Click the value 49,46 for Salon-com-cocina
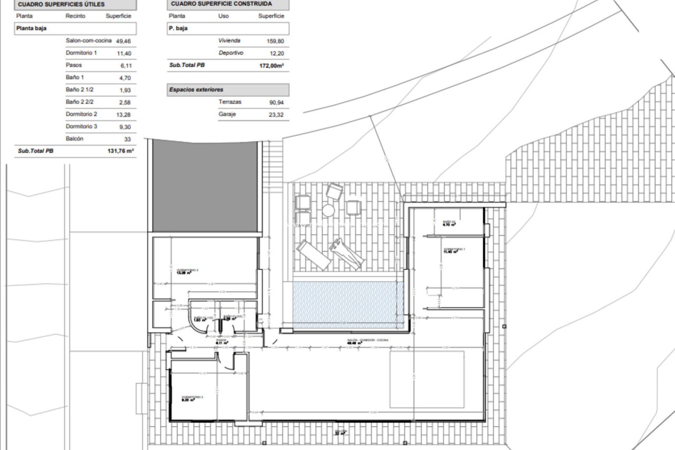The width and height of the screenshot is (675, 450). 123,41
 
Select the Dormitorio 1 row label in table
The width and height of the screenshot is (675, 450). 81,53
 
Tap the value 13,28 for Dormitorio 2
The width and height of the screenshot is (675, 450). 123,115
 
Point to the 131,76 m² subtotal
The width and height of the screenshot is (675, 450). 121,151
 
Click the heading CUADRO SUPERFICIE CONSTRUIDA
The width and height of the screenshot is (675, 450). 221,4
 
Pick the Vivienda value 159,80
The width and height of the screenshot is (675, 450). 275,41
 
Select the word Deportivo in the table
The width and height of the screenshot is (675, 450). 231,53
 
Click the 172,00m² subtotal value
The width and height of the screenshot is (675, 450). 271,65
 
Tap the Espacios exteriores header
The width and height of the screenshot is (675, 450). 196,90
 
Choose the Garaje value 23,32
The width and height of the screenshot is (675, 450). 276,115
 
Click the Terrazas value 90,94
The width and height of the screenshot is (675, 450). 276,102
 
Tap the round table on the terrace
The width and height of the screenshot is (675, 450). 328,211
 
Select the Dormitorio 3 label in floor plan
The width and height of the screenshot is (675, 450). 192,398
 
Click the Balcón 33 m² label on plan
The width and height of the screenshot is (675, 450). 341,432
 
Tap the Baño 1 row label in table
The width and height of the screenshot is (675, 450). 75,77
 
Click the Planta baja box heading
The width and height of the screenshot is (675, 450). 31,28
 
